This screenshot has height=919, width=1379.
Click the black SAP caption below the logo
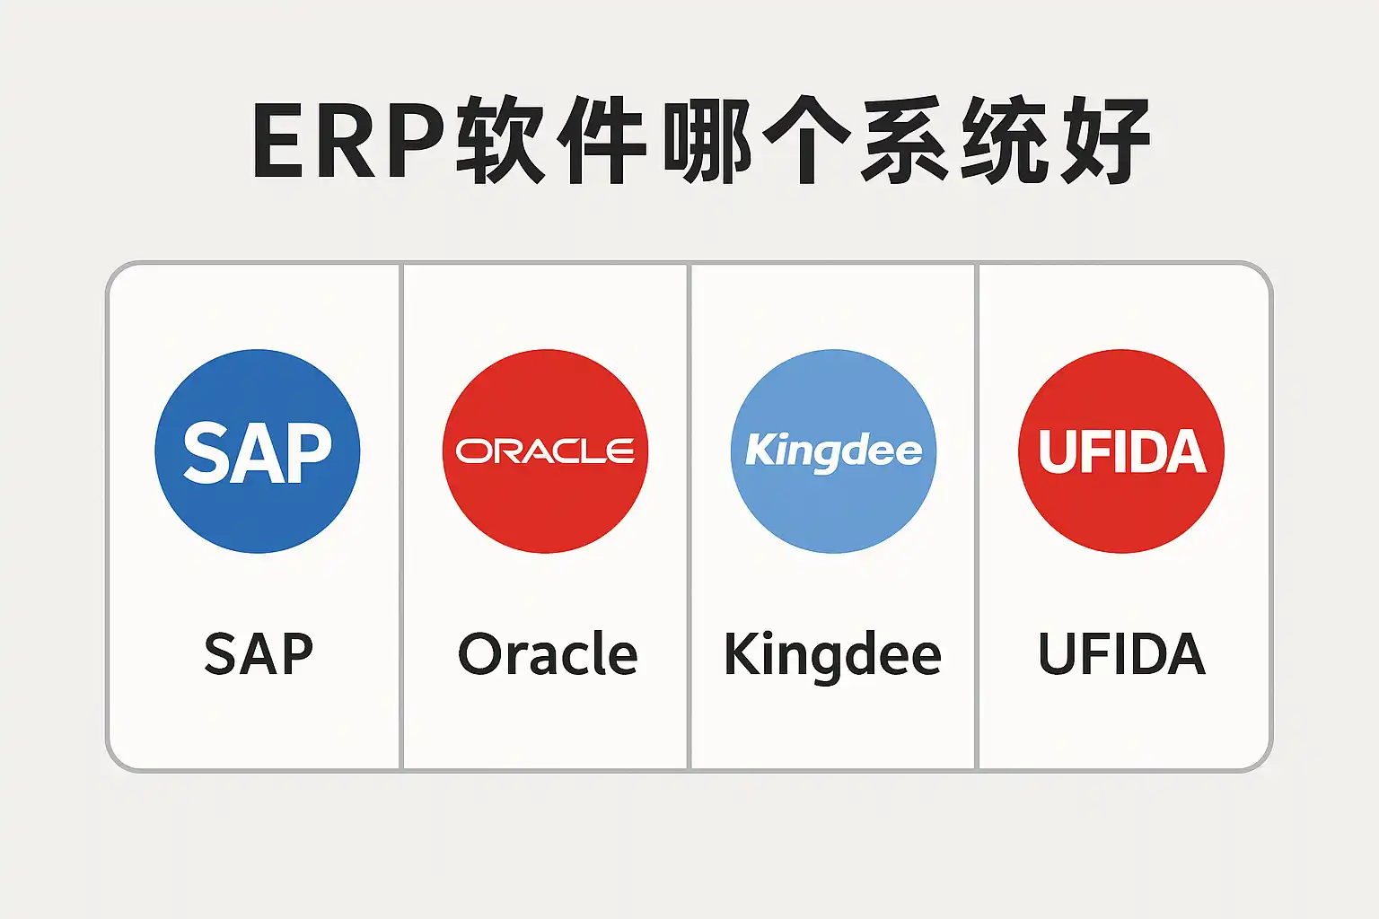259,654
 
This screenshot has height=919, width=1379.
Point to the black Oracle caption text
548,654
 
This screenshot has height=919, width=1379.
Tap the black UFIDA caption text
1121,654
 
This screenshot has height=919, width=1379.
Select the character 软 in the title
501,142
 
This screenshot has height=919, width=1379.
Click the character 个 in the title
807,142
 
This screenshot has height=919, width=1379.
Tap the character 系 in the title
907,142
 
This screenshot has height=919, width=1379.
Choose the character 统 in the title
1005,142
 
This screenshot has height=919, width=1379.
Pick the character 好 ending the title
1105,142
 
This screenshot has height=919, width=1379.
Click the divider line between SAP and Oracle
401,516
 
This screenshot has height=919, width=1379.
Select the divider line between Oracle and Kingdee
689,516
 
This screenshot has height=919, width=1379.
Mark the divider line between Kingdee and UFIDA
977,516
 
